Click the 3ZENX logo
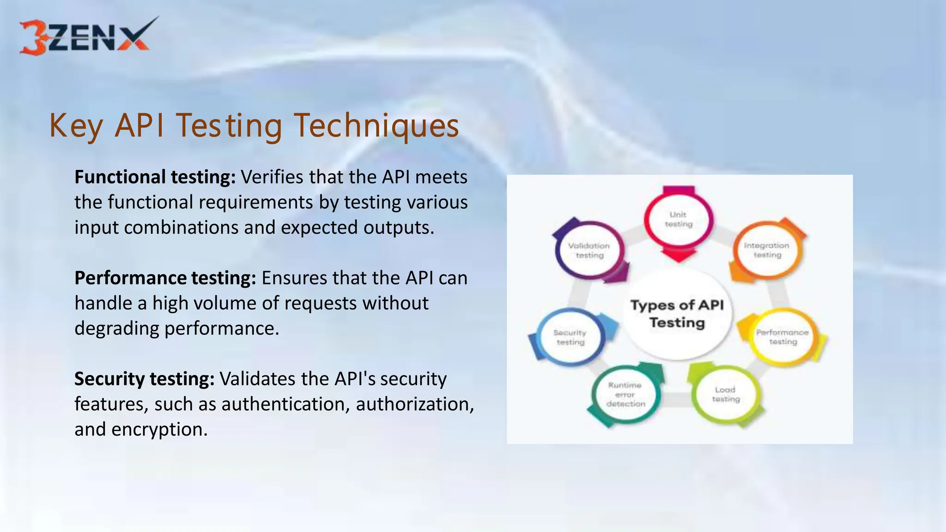(x=85, y=37)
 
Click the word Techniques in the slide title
(x=376, y=126)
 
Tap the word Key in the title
(x=76, y=126)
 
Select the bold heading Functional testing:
(x=155, y=177)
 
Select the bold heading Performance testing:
(x=165, y=278)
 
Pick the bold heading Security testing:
(x=144, y=379)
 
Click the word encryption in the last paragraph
(x=159, y=429)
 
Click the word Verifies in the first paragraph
(x=272, y=177)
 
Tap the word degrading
(x=117, y=328)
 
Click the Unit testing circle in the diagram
(x=679, y=219)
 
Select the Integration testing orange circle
(x=767, y=250)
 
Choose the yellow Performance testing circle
(x=782, y=337)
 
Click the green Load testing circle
(x=725, y=394)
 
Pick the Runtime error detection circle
(x=625, y=394)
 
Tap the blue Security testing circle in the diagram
(x=570, y=337)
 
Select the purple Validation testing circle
(x=589, y=250)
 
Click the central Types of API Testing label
(x=677, y=314)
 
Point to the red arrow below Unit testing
(x=679, y=255)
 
